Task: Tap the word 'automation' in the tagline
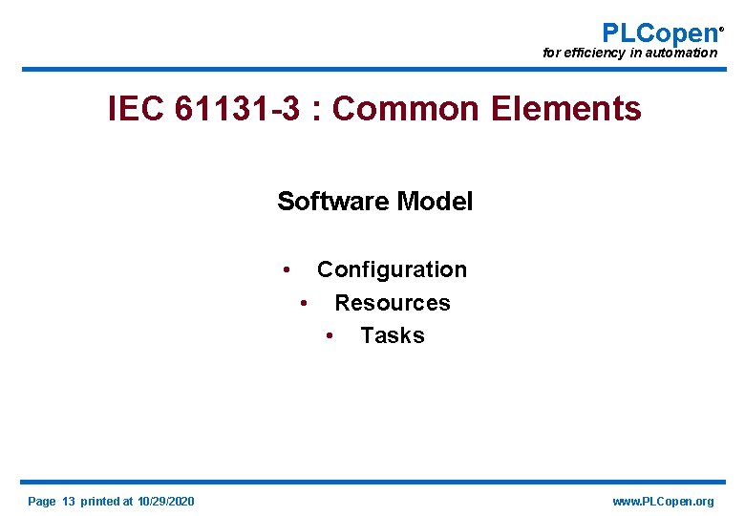click(681, 54)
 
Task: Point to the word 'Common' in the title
click(406, 110)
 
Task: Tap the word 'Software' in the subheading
click(332, 202)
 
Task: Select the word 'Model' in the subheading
click(435, 202)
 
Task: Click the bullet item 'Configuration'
click(392, 270)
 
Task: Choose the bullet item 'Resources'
click(392, 303)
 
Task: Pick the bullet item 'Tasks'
click(393, 335)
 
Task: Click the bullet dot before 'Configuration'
click(287, 270)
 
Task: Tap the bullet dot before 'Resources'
click(303, 304)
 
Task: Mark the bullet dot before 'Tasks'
click(329, 336)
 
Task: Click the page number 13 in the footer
click(69, 502)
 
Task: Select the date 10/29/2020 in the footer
click(166, 502)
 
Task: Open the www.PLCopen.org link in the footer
click(662, 502)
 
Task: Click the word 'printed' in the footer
click(100, 502)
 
